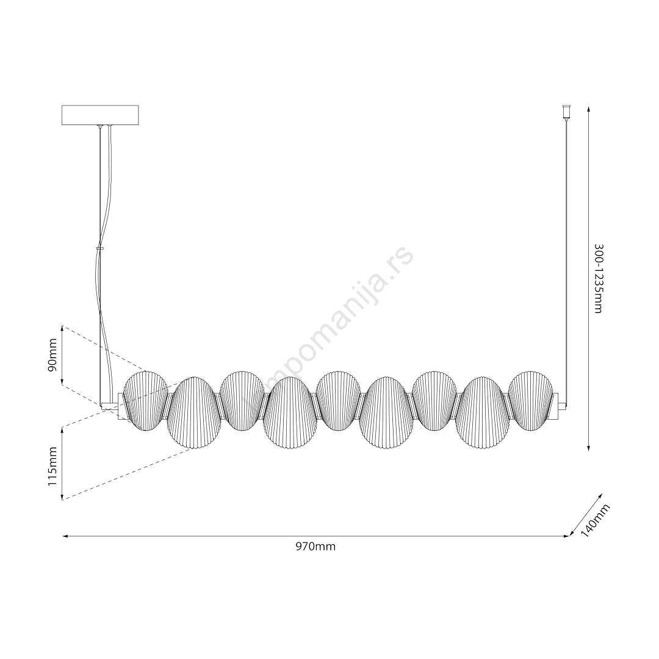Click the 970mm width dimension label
pyautogui.click(x=315, y=547)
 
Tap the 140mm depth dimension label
pyautogui.click(x=595, y=520)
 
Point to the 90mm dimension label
pyautogui.click(x=53, y=355)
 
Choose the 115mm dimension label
pyautogui.click(x=52, y=467)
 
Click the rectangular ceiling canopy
pyautogui.click(x=100, y=115)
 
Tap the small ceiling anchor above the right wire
pyautogui.click(x=566, y=112)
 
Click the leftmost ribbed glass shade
pyautogui.click(x=145, y=402)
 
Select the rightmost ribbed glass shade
pyautogui.click(x=531, y=401)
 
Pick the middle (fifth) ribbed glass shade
pyautogui.click(x=338, y=401)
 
